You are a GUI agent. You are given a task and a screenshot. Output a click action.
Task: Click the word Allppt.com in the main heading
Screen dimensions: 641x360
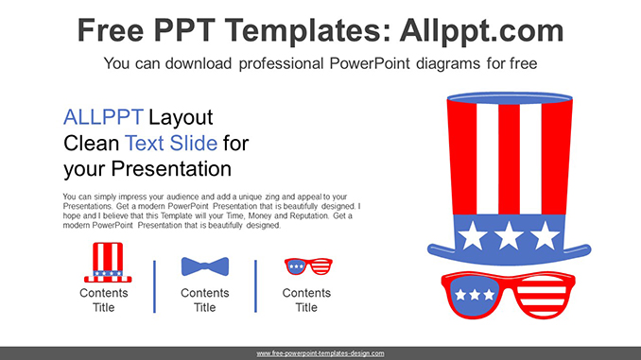pos(481,31)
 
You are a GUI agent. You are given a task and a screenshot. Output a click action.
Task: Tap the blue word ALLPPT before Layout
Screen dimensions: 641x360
pos(103,117)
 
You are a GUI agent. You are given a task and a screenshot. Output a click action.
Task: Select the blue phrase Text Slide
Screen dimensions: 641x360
pos(171,143)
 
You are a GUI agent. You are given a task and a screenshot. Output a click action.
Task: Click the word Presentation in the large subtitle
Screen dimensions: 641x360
pos(171,169)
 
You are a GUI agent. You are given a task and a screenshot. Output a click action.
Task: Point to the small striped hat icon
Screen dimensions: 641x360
pos(108,263)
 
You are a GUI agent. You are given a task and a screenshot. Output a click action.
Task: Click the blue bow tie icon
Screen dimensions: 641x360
pos(205,266)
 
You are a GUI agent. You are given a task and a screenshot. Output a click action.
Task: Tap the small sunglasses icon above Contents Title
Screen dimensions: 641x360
pos(308,266)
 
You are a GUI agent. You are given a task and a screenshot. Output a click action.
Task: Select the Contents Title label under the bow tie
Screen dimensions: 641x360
pos(205,300)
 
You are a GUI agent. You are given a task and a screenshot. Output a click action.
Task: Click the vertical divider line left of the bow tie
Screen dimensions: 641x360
pos(154,286)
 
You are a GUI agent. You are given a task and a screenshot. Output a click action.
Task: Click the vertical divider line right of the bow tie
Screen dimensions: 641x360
pos(256,286)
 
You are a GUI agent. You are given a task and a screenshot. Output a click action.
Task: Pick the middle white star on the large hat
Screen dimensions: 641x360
pos(509,235)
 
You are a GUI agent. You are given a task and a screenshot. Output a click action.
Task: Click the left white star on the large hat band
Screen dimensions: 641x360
pos(473,235)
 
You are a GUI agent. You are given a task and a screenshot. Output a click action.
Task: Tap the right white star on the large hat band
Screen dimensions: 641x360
pos(545,235)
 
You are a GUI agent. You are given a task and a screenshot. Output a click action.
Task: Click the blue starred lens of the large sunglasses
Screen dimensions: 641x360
pos(475,295)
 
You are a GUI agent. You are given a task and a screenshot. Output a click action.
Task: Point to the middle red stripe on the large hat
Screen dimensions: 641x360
pos(509,159)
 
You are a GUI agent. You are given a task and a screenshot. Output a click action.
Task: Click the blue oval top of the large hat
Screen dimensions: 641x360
pos(510,98)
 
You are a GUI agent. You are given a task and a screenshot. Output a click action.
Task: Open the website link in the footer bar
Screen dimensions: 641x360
pos(320,353)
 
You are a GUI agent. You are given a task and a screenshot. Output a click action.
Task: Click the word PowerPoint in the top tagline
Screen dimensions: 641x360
pos(370,63)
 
